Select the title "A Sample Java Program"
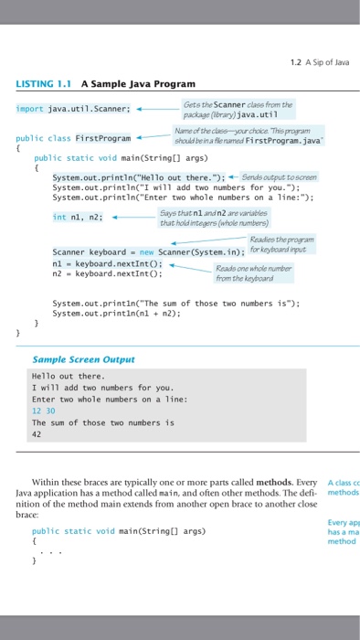pos(137,84)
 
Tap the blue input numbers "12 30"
pos(43,411)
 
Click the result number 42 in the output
pos(37,435)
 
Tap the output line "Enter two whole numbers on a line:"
pos(96,400)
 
